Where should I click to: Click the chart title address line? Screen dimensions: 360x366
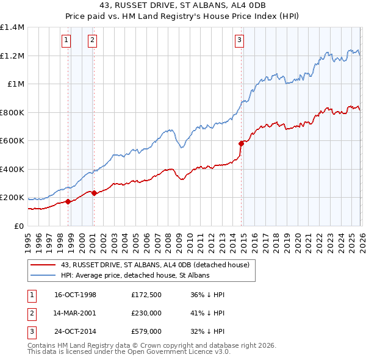click(183, 7)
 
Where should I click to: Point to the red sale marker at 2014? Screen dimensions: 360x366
click(241, 143)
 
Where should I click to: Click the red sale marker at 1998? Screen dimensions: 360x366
click(68, 201)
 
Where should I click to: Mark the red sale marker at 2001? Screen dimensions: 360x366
click(94, 193)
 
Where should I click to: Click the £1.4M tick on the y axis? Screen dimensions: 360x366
click(12, 27)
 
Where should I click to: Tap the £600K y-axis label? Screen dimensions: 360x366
click(12, 141)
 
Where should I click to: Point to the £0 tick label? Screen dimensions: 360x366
click(18, 226)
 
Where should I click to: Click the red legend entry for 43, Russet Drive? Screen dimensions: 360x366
click(155, 265)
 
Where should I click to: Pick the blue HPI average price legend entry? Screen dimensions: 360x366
click(135, 275)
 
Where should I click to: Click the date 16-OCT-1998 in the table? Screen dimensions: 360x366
click(75, 295)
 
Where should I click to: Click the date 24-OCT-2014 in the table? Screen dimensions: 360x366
click(75, 333)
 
